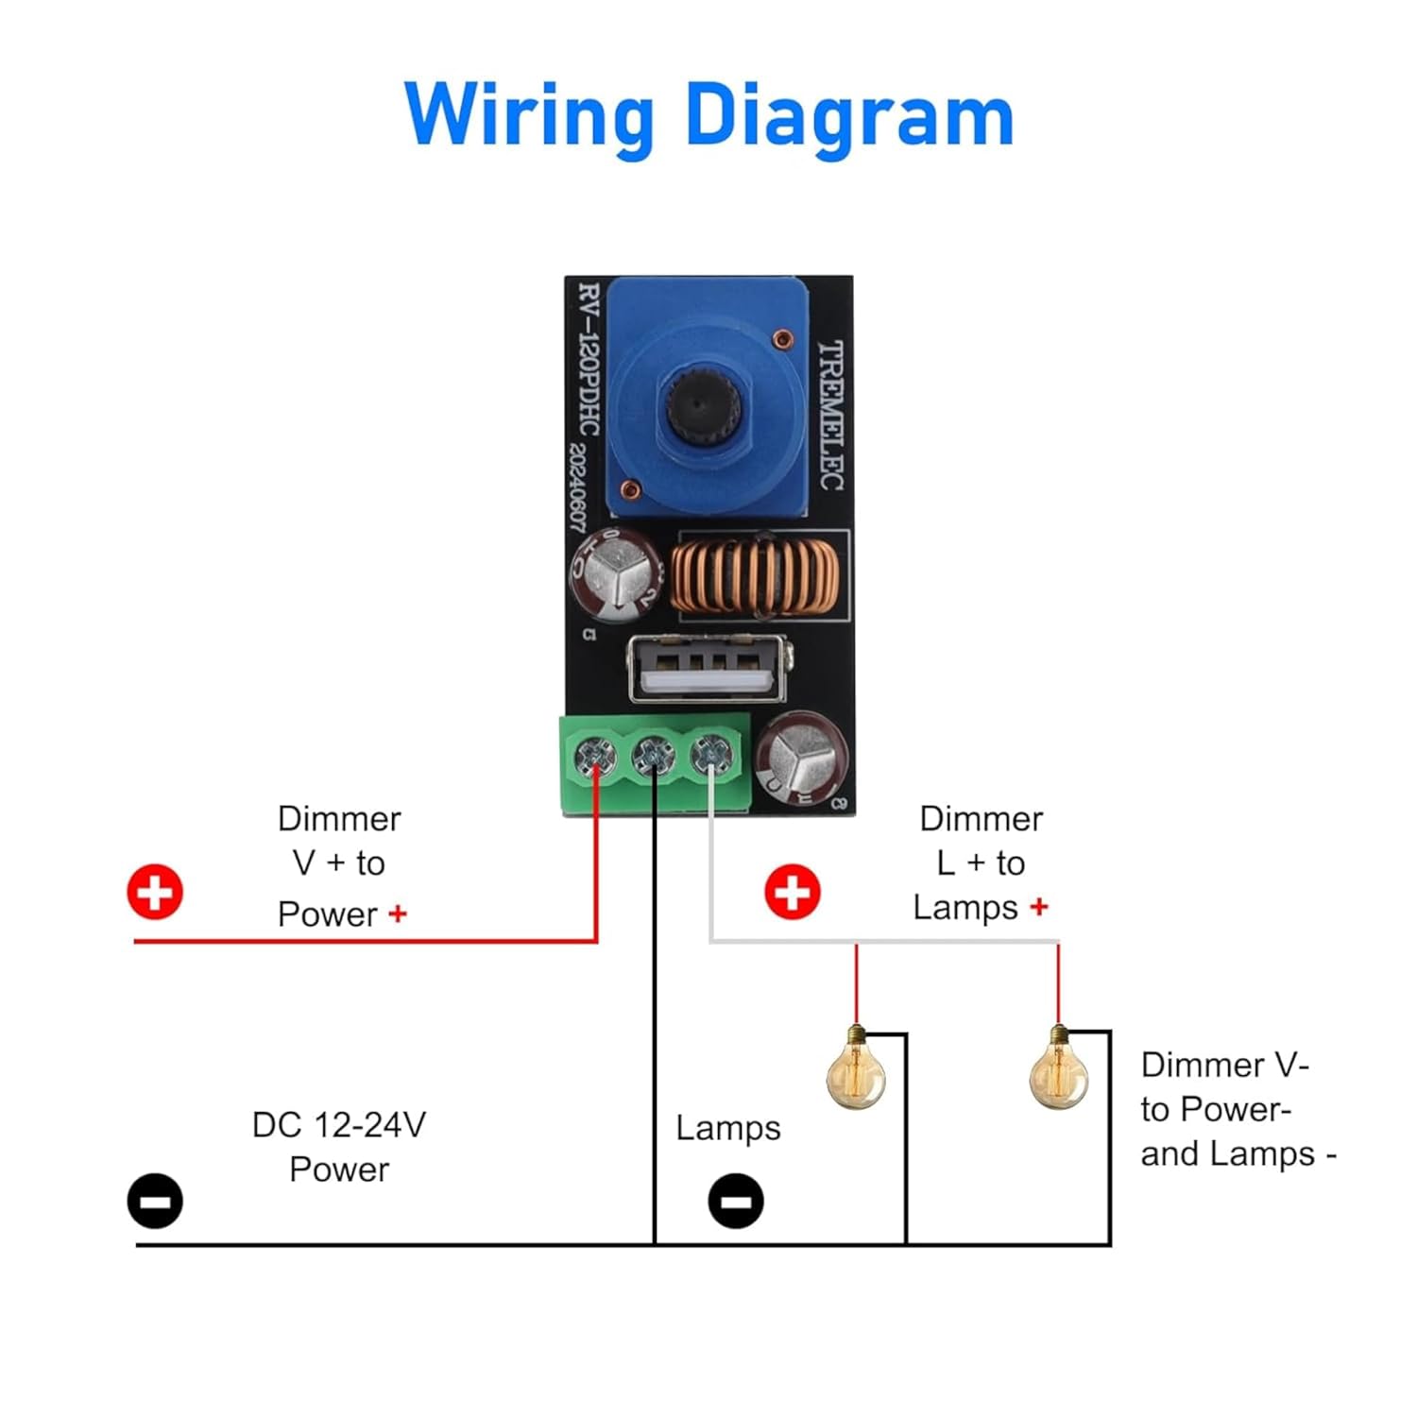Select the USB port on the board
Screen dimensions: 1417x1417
(707, 669)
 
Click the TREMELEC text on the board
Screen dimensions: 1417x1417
(829, 416)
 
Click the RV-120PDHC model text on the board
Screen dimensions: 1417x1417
(589, 359)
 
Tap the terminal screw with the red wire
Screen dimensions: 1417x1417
(594, 756)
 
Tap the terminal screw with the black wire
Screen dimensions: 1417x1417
(653, 755)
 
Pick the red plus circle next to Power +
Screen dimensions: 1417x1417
(155, 891)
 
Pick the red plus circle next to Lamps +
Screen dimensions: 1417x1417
(792, 891)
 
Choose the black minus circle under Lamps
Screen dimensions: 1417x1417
(736, 1201)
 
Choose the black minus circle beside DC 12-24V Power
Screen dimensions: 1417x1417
(155, 1201)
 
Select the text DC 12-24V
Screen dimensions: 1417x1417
(338, 1125)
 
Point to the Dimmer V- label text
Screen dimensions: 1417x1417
(1224, 1066)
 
